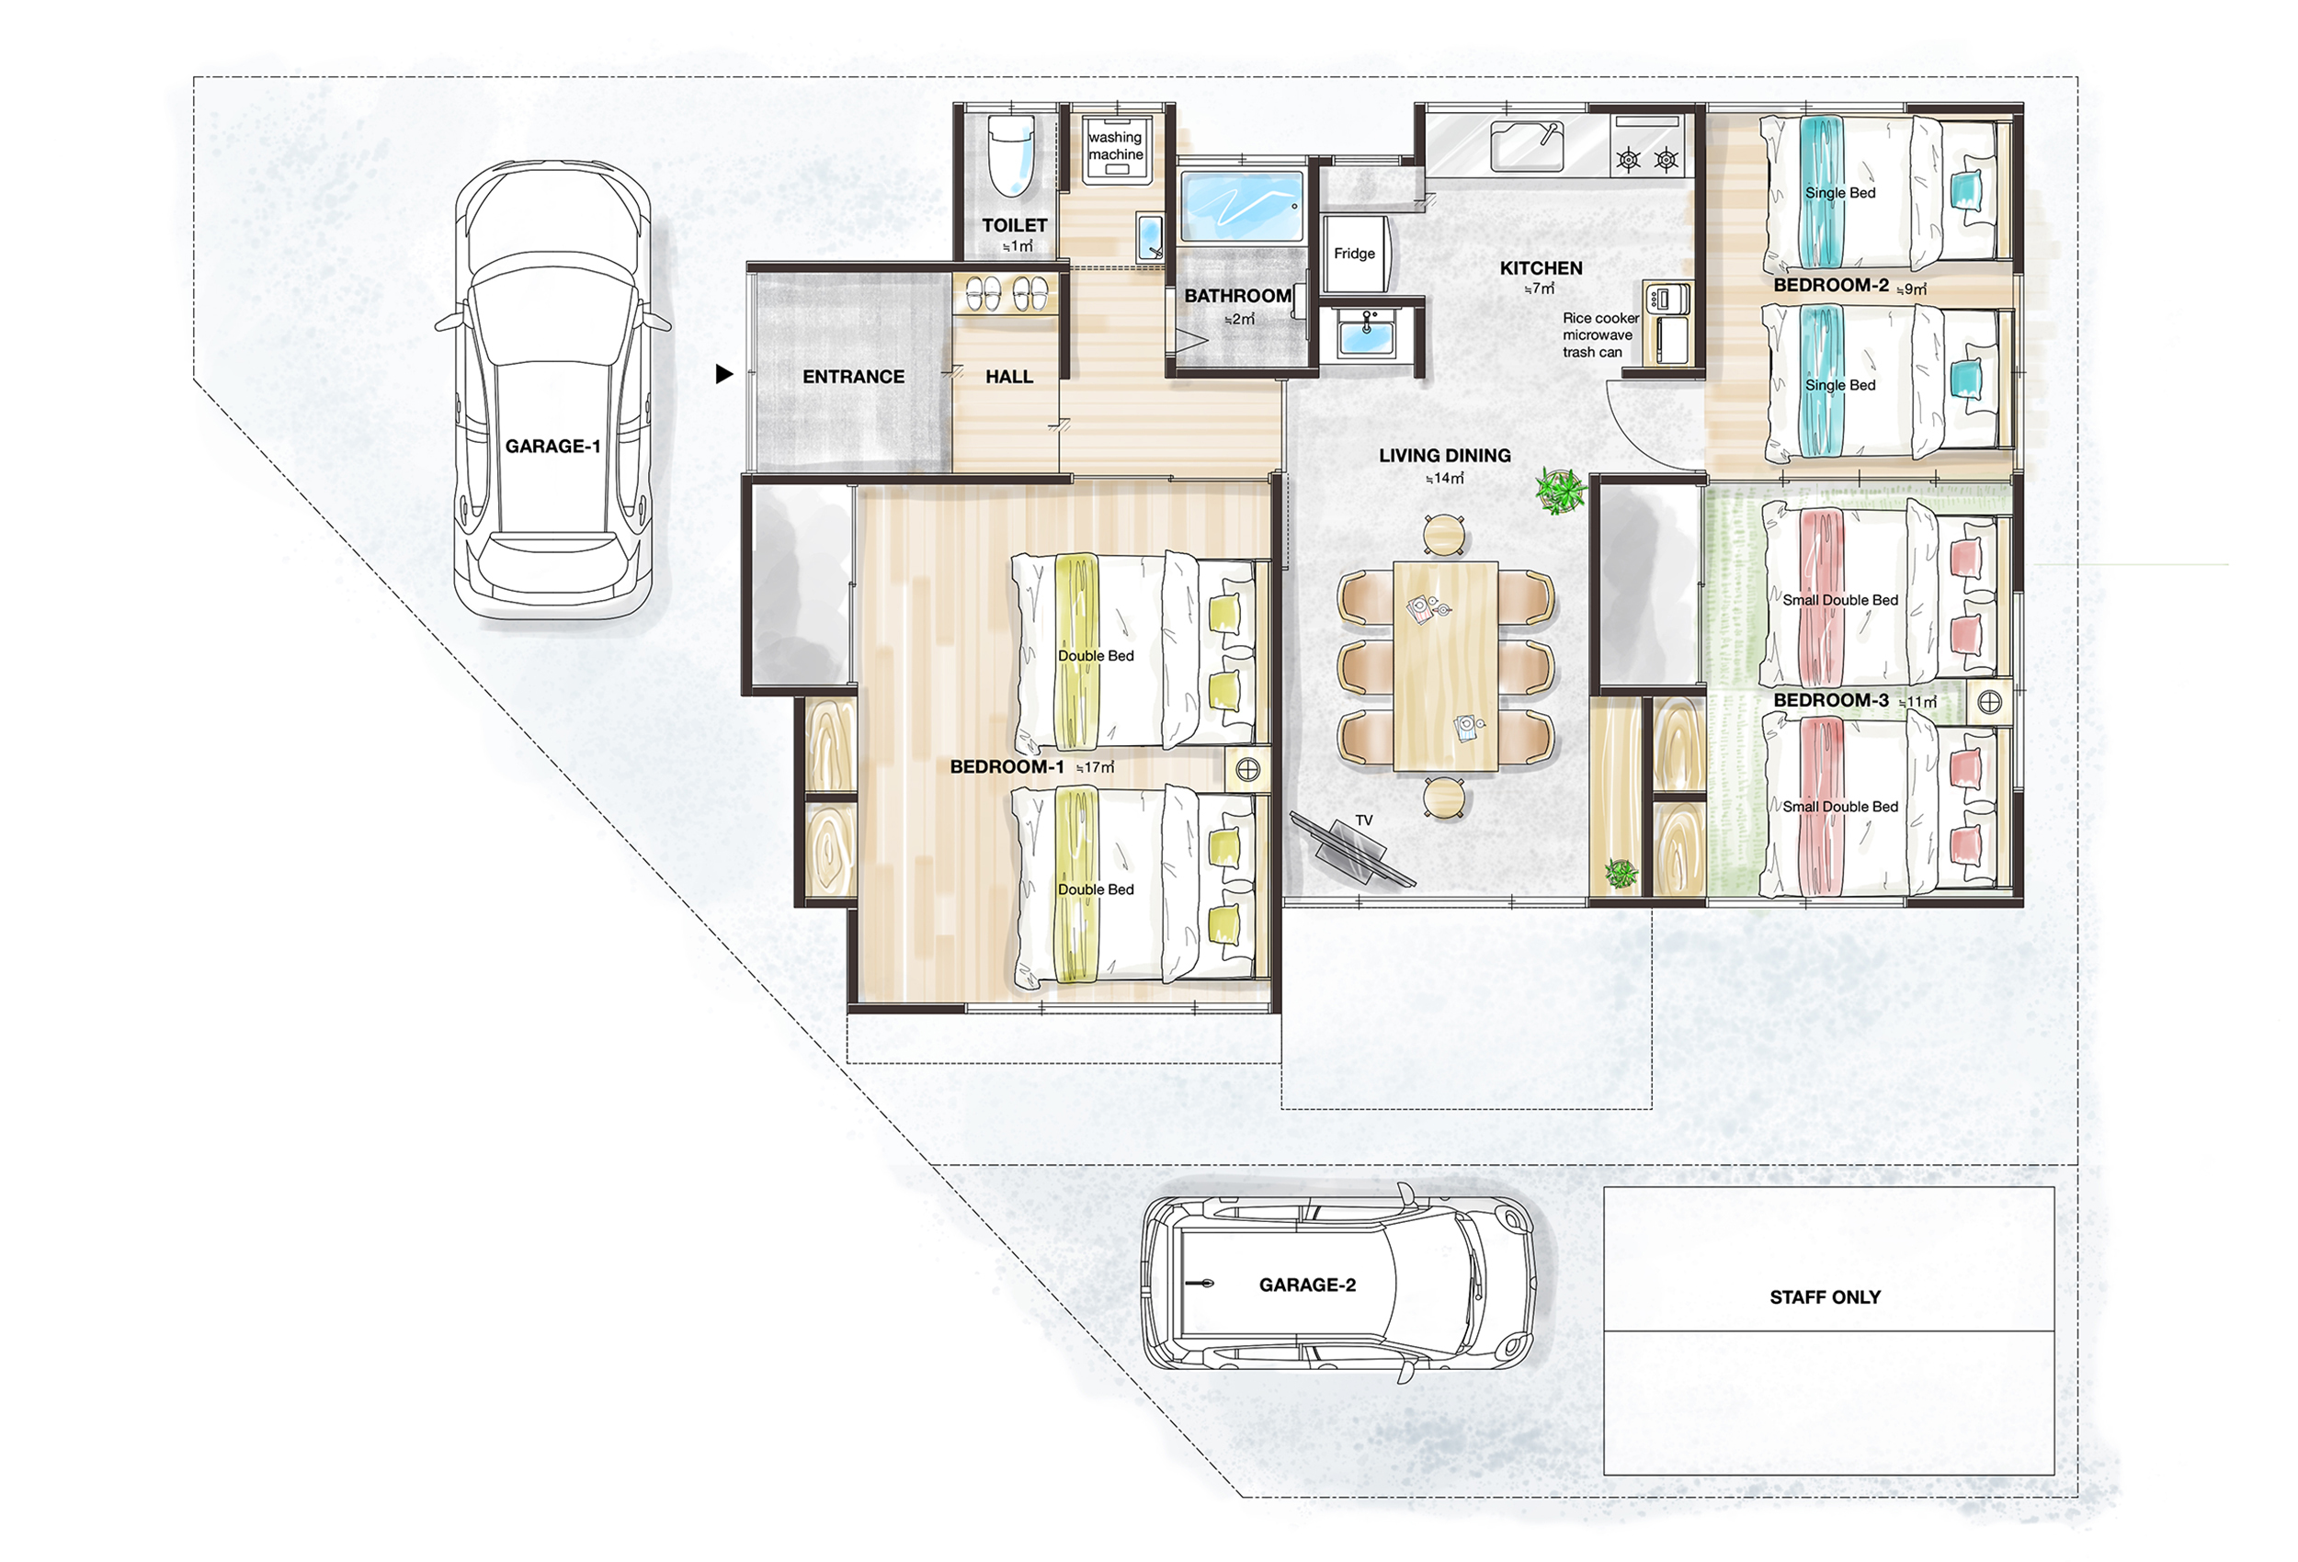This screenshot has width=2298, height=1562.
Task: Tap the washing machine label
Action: coord(1115,146)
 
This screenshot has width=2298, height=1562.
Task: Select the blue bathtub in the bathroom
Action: coord(1242,207)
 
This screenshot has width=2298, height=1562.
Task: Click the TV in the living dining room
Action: coord(1352,850)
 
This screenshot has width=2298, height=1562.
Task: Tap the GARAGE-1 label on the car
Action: coord(552,447)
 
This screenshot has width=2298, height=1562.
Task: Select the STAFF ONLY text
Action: coord(1826,1298)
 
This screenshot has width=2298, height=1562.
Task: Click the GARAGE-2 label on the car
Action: coord(1307,1285)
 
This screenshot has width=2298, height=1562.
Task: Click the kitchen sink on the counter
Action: coord(1527,146)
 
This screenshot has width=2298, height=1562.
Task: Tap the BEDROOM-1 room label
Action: coord(1007,767)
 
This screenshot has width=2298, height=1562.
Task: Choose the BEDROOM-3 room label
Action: coord(1830,701)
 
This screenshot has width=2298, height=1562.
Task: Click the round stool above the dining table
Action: coord(1445,535)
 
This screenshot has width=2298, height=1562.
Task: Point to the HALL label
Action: coord(1008,377)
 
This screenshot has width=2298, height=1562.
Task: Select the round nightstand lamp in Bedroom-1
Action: coord(1248,769)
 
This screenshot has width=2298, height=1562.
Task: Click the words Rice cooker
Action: coord(1601,318)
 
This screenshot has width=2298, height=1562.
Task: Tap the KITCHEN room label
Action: coord(1541,268)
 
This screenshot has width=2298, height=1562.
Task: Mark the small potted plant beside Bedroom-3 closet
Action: coord(1621,873)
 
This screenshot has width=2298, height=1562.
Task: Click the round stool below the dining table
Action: coord(1445,797)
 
